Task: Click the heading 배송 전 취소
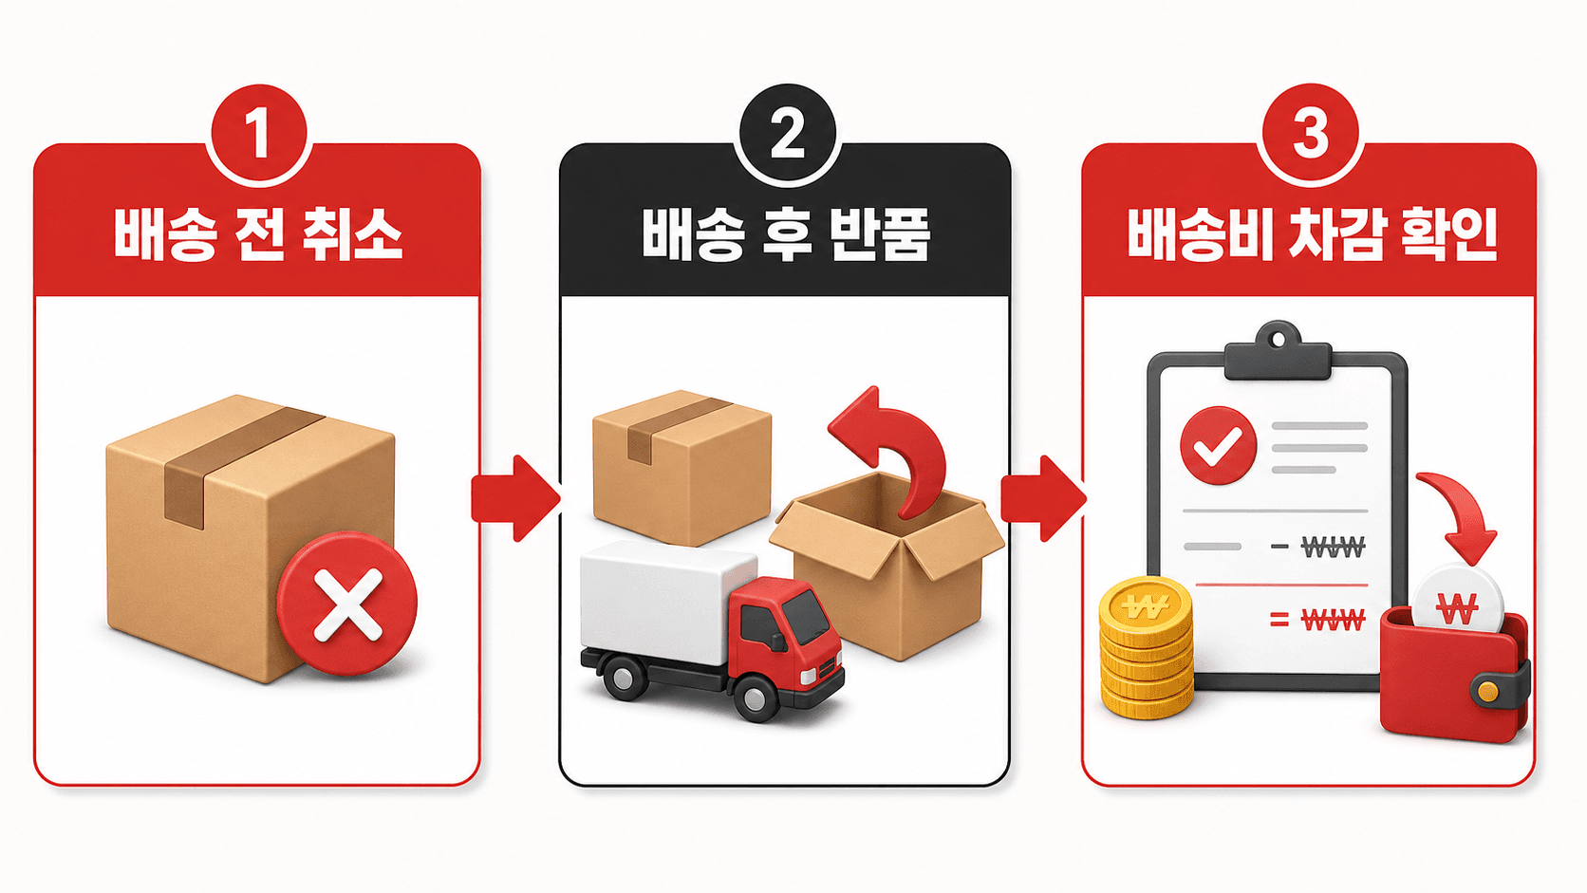pyautogui.click(x=258, y=234)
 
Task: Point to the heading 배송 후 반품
pyautogui.click(x=786, y=234)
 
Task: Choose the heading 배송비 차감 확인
pyautogui.click(x=1313, y=234)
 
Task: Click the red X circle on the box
pyautogui.click(x=347, y=604)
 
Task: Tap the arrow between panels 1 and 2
pyautogui.click(x=515, y=499)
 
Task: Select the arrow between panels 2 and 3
pyautogui.click(x=1043, y=499)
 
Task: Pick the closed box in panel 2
pyautogui.click(x=681, y=468)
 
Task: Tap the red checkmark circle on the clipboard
pyautogui.click(x=1218, y=445)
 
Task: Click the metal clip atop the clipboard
pyautogui.click(x=1278, y=352)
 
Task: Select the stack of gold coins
pyautogui.click(x=1147, y=647)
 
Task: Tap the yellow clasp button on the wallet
pyautogui.click(x=1488, y=692)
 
